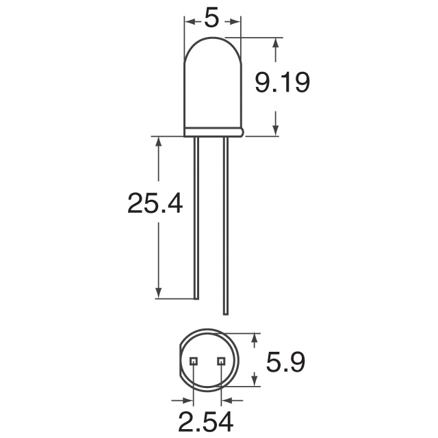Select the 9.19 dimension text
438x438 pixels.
click(283, 83)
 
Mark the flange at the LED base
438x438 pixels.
click(213, 131)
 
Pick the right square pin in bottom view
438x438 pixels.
click(220, 361)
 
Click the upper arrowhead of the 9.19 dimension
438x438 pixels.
click(276, 44)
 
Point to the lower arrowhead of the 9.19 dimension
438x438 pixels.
click(276, 130)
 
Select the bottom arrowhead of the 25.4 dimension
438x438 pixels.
click(159, 292)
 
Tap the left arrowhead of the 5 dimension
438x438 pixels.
click(189, 20)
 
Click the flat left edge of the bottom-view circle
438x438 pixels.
click(181, 361)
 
